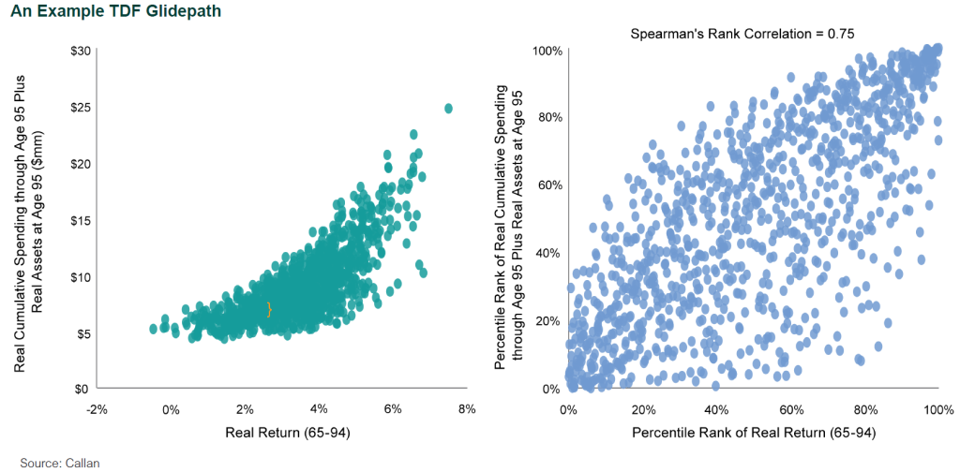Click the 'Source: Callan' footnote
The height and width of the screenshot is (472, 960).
(59, 463)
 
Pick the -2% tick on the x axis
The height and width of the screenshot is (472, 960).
(96, 409)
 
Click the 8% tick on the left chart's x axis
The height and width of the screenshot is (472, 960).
(467, 409)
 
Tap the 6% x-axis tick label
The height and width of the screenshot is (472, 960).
(393, 409)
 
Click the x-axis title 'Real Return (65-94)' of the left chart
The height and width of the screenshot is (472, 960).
(280, 434)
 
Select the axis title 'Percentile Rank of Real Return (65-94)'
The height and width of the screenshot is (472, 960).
(753, 434)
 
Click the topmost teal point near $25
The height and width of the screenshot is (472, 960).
(448, 109)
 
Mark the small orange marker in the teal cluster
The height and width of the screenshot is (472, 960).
(269, 309)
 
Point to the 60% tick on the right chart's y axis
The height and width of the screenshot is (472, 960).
(547, 184)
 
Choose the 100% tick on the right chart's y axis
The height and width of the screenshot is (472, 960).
(545, 50)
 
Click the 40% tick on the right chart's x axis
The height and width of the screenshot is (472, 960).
(716, 409)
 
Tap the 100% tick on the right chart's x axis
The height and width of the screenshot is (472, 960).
(938, 409)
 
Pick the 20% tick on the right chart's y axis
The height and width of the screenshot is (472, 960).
(547, 320)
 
